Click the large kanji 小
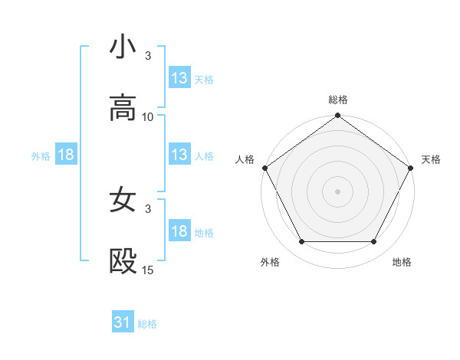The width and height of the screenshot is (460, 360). pyautogui.click(x=123, y=47)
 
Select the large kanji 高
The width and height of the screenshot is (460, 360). pyautogui.click(x=123, y=109)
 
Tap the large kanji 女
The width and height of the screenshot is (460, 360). pyautogui.click(x=123, y=201)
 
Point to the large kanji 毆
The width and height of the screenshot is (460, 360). pyautogui.click(x=123, y=262)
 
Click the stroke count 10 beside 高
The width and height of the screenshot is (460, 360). pyautogui.click(x=148, y=117)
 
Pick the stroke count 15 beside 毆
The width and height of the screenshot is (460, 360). pyautogui.click(x=148, y=270)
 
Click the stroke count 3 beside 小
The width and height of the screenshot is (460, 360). pyautogui.click(x=148, y=56)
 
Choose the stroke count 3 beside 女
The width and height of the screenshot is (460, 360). pyautogui.click(x=148, y=209)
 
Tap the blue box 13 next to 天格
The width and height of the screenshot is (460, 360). pyautogui.click(x=179, y=78)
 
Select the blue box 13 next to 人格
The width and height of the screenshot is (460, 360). pyautogui.click(x=179, y=155)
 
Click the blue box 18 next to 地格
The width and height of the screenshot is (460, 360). pyautogui.click(x=179, y=231)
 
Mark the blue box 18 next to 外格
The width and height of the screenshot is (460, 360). pyautogui.click(x=66, y=155)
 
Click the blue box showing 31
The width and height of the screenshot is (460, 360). pyautogui.click(x=123, y=323)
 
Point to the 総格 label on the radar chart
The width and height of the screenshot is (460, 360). pyautogui.click(x=338, y=100)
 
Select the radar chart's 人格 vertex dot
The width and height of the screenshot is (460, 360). pyautogui.click(x=264, y=168)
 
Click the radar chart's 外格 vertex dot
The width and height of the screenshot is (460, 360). pyautogui.click(x=301, y=242)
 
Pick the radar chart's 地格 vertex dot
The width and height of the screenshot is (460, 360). pyautogui.click(x=374, y=242)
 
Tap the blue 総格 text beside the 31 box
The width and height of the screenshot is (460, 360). pyautogui.click(x=147, y=324)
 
